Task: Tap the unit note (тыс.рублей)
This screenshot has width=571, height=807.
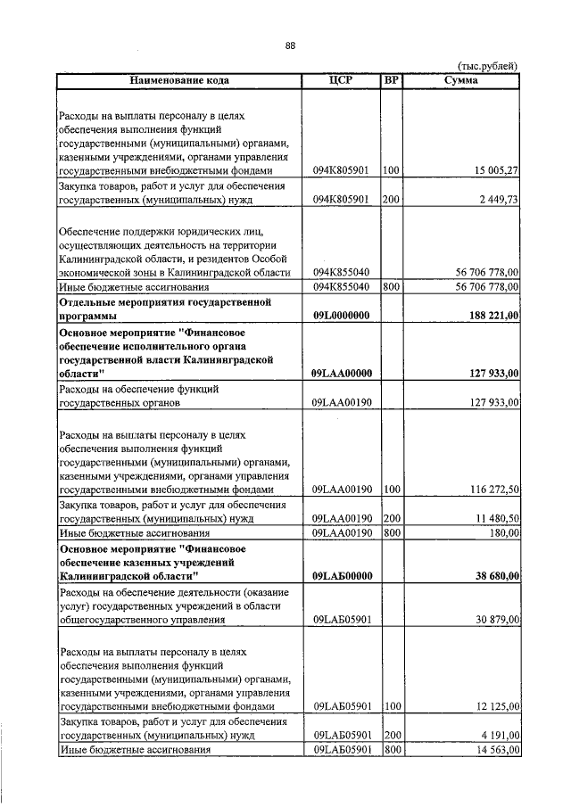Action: pos(487,66)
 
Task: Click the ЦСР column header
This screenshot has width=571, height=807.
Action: pos(342,80)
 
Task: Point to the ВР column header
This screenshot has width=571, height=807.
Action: pos(391,80)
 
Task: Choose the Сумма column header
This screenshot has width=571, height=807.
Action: pos(460,80)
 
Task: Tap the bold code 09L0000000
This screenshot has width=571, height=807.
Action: pos(341,316)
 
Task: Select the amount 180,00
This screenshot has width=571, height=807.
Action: pos(503,532)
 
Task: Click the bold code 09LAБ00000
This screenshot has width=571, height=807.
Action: pos(342,576)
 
